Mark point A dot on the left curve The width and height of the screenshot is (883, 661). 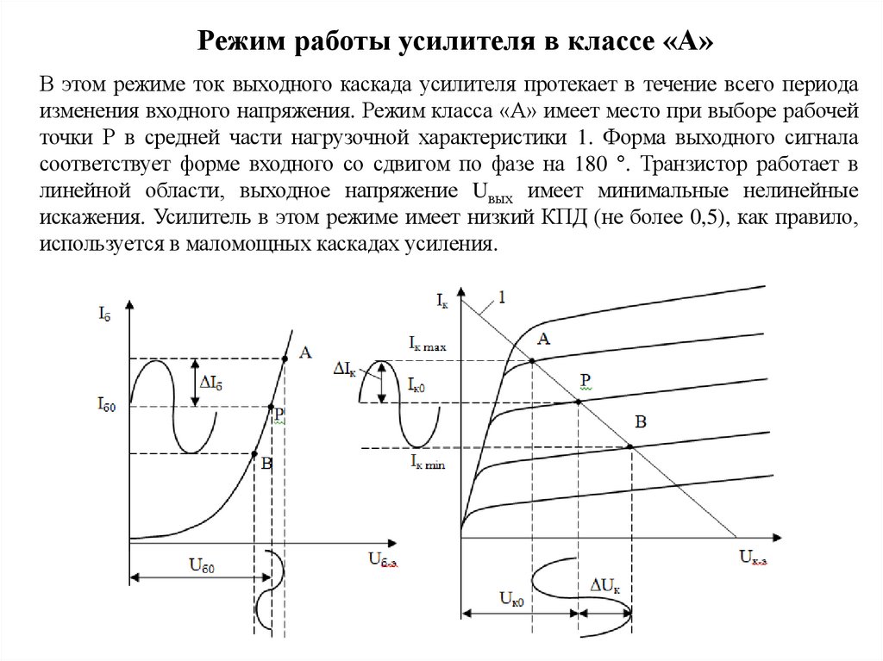click(285, 359)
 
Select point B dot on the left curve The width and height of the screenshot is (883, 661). click(254, 453)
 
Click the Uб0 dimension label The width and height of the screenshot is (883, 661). click(202, 565)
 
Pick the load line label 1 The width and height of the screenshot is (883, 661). click(503, 298)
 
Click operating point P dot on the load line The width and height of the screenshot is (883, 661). click(576, 402)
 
